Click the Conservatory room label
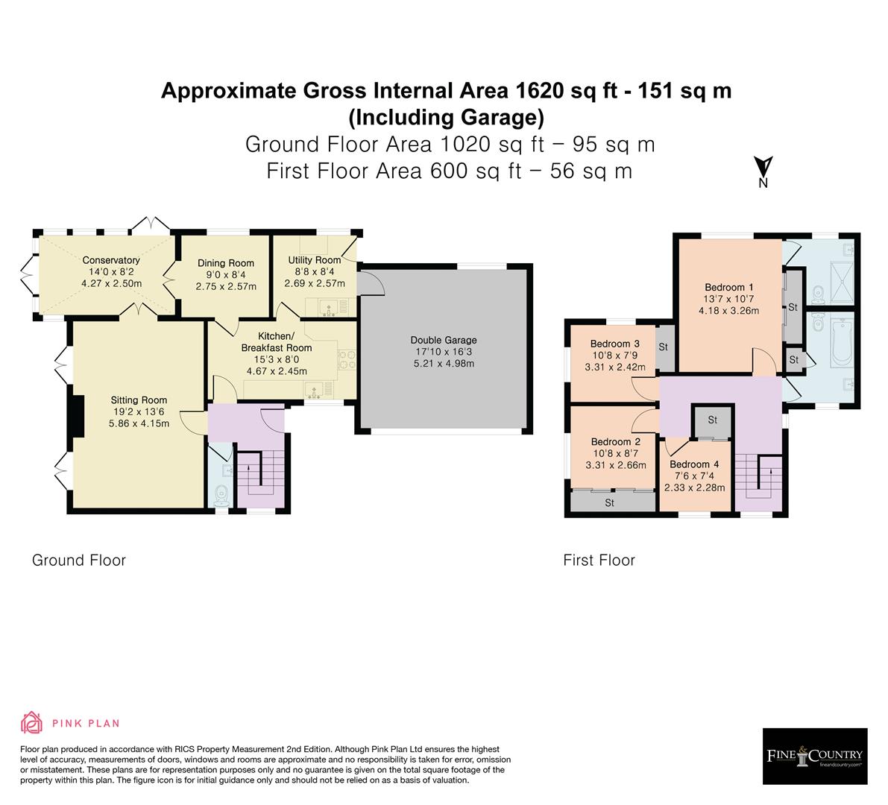tap(111, 261)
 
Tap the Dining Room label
tap(225, 263)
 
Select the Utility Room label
tap(314, 260)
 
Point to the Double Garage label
tap(444, 341)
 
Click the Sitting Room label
tap(139, 400)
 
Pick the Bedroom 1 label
tap(728, 288)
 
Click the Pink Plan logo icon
tap(32, 722)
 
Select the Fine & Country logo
tap(815, 757)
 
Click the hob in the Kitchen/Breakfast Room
tap(347, 359)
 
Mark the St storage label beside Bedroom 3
tap(663, 347)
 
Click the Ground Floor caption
tap(78, 561)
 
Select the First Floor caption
tap(599, 561)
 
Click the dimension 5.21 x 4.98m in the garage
tap(444, 364)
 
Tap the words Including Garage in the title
tap(446, 118)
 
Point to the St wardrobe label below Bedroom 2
tap(609, 503)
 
